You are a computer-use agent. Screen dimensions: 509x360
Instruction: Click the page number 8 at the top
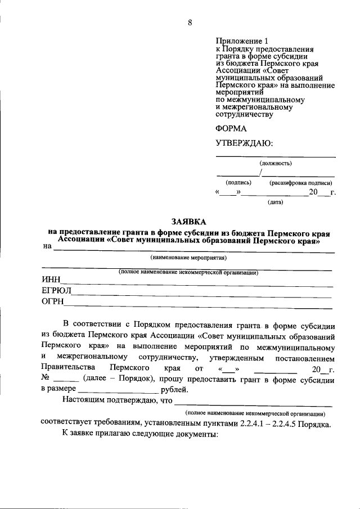click(190, 22)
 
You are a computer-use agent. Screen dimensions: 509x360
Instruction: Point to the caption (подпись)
click(238, 183)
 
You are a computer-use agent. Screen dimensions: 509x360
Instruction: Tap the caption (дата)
click(275, 202)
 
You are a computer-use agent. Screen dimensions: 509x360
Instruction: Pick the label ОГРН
click(53, 304)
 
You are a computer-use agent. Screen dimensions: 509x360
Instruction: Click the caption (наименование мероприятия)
click(188, 258)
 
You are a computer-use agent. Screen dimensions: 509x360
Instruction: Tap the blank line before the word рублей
click(119, 390)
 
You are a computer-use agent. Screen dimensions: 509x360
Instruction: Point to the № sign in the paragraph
click(46, 379)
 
